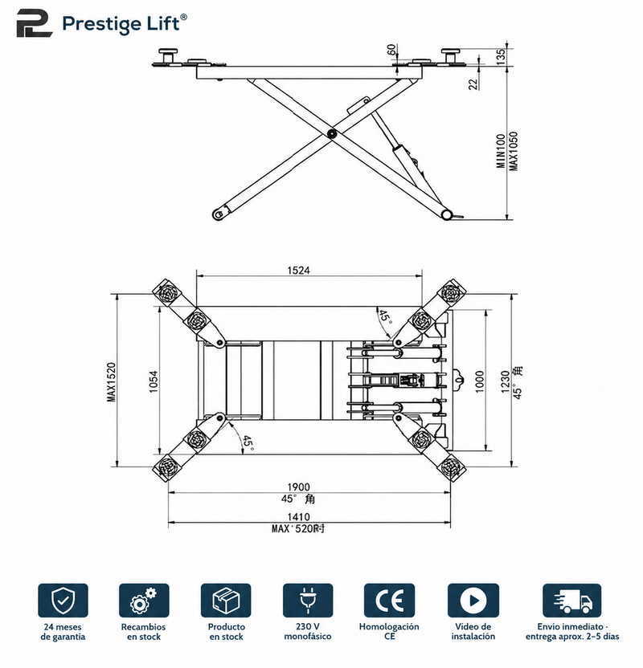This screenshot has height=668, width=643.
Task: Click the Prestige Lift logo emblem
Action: click(x=35, y=23)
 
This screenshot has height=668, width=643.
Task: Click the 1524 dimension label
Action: click(x=298, y=270)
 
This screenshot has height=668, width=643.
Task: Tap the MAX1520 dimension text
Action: click(x=111, y=381)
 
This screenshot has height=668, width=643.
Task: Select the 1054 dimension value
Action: click(x=154, y=381)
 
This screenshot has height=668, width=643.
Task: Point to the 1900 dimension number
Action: click(x=298, y=487)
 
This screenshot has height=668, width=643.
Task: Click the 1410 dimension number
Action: click(x=298, y=517)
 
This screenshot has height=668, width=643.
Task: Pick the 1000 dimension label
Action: click(x=480, y=381)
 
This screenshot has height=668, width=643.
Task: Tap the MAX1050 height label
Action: click(x=514, y=151)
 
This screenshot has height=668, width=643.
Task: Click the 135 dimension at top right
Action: click(x=501, y=57)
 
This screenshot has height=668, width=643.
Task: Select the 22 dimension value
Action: click(x=473, y=84)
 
